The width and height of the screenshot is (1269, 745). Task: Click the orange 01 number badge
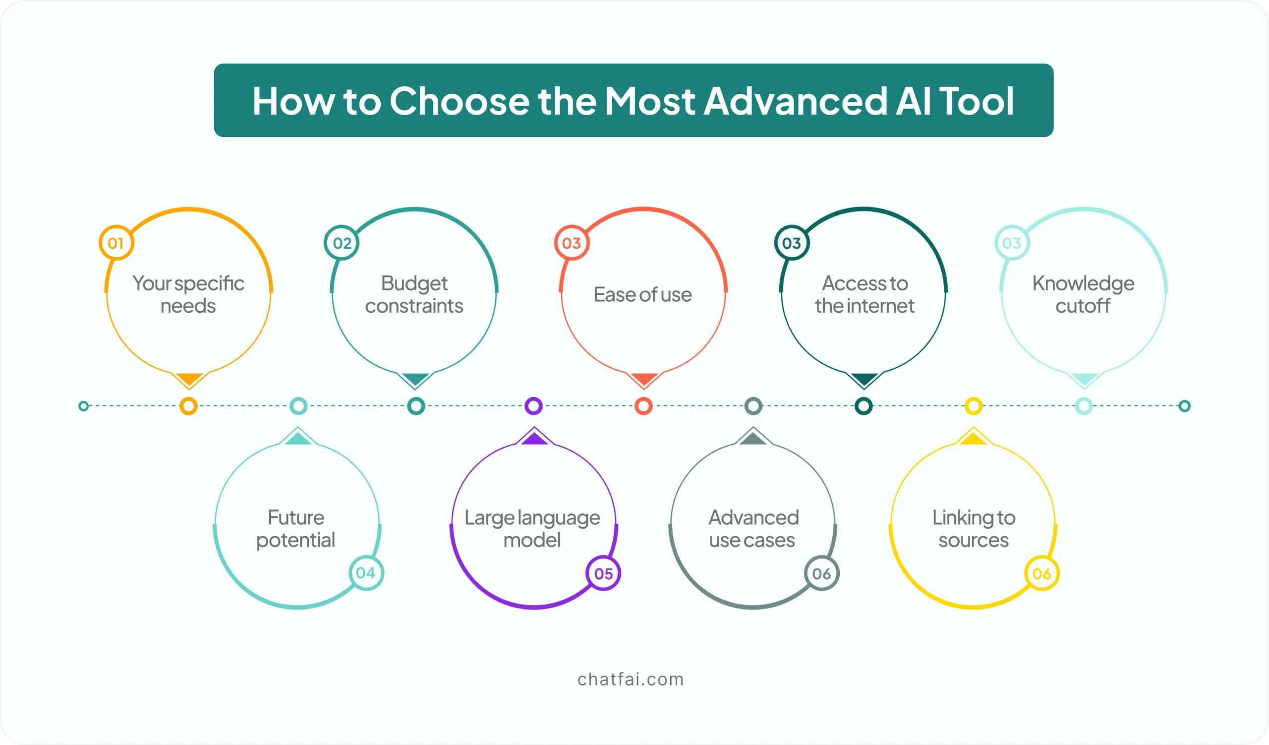[116, 243]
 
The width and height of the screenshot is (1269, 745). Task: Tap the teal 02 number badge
[342, 243]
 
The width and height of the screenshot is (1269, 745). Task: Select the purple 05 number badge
[603, 573]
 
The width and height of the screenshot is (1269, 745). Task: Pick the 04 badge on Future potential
[366, 573]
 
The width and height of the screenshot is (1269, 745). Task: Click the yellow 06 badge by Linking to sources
[1042, 573]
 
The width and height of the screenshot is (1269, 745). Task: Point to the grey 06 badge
[822, 573]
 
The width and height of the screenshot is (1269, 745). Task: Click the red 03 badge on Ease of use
[572, 243]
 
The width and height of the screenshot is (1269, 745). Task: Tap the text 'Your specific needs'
[188, 294]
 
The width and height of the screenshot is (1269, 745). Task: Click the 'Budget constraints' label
[414, 294]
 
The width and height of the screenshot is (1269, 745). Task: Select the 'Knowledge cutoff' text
[1083, 294]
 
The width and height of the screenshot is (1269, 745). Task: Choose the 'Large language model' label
[532, 528]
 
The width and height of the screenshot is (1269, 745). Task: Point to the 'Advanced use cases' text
[753, 528]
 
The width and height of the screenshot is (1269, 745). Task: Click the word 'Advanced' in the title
[795, 101]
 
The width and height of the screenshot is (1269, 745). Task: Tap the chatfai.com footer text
[631, 679]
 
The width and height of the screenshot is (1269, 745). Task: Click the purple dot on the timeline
[534, 406]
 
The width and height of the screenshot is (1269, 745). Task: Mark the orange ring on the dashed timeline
[189, 406]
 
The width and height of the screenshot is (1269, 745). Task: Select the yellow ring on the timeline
[974, 406]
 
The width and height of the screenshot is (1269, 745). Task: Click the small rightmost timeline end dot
[1184, 406]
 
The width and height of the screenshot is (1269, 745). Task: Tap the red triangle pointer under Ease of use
[644, 379]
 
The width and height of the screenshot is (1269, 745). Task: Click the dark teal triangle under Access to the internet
[864, 379]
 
